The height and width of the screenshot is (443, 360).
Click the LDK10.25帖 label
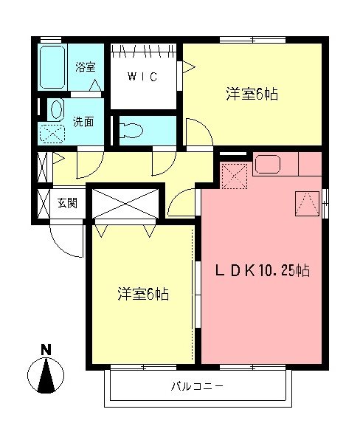(262, 271)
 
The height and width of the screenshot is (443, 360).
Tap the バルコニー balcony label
(197, 386)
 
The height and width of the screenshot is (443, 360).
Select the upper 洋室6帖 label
(252, 95)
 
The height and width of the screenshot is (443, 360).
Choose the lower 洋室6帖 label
(143, 295)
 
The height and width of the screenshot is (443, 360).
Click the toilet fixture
(132, 130)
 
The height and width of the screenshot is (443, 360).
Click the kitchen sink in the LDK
(266, 164)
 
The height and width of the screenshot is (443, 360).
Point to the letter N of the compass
(46, 349)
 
